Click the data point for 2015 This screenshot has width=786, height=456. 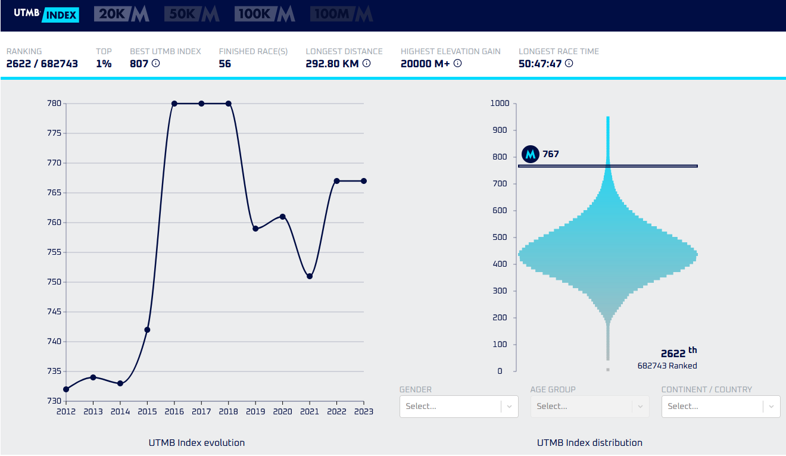(x=148, y=330)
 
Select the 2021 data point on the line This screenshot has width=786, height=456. (x=310, y=276)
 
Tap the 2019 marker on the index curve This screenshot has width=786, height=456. (x=255, y=229)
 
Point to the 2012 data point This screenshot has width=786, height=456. (x=66, y=389)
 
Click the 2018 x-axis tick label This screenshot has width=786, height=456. (x=229, y=411)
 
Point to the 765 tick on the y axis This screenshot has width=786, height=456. (x=54, y=192)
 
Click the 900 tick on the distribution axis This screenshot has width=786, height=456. (x=500, y=130)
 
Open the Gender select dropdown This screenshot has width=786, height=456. (x=458, y=407)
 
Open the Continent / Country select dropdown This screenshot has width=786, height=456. (x=720, y=407)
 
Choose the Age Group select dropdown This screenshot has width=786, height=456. (x=589, y=407)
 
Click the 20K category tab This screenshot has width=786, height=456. (x=121, y=14)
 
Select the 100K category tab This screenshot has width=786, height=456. (x=264, y=14)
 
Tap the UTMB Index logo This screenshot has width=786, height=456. (x=46, y=14)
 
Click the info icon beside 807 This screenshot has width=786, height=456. (x=156, y=63)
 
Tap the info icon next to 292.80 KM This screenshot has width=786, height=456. (x=366, y=63)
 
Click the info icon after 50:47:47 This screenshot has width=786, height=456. (x=569, y=63)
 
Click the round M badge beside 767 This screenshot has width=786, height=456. (x=530, y=154)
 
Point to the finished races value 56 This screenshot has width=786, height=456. (x=225, y=64)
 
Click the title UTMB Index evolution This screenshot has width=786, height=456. (x=196, y=443)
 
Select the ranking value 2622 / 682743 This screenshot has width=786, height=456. (x=42, y=64)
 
